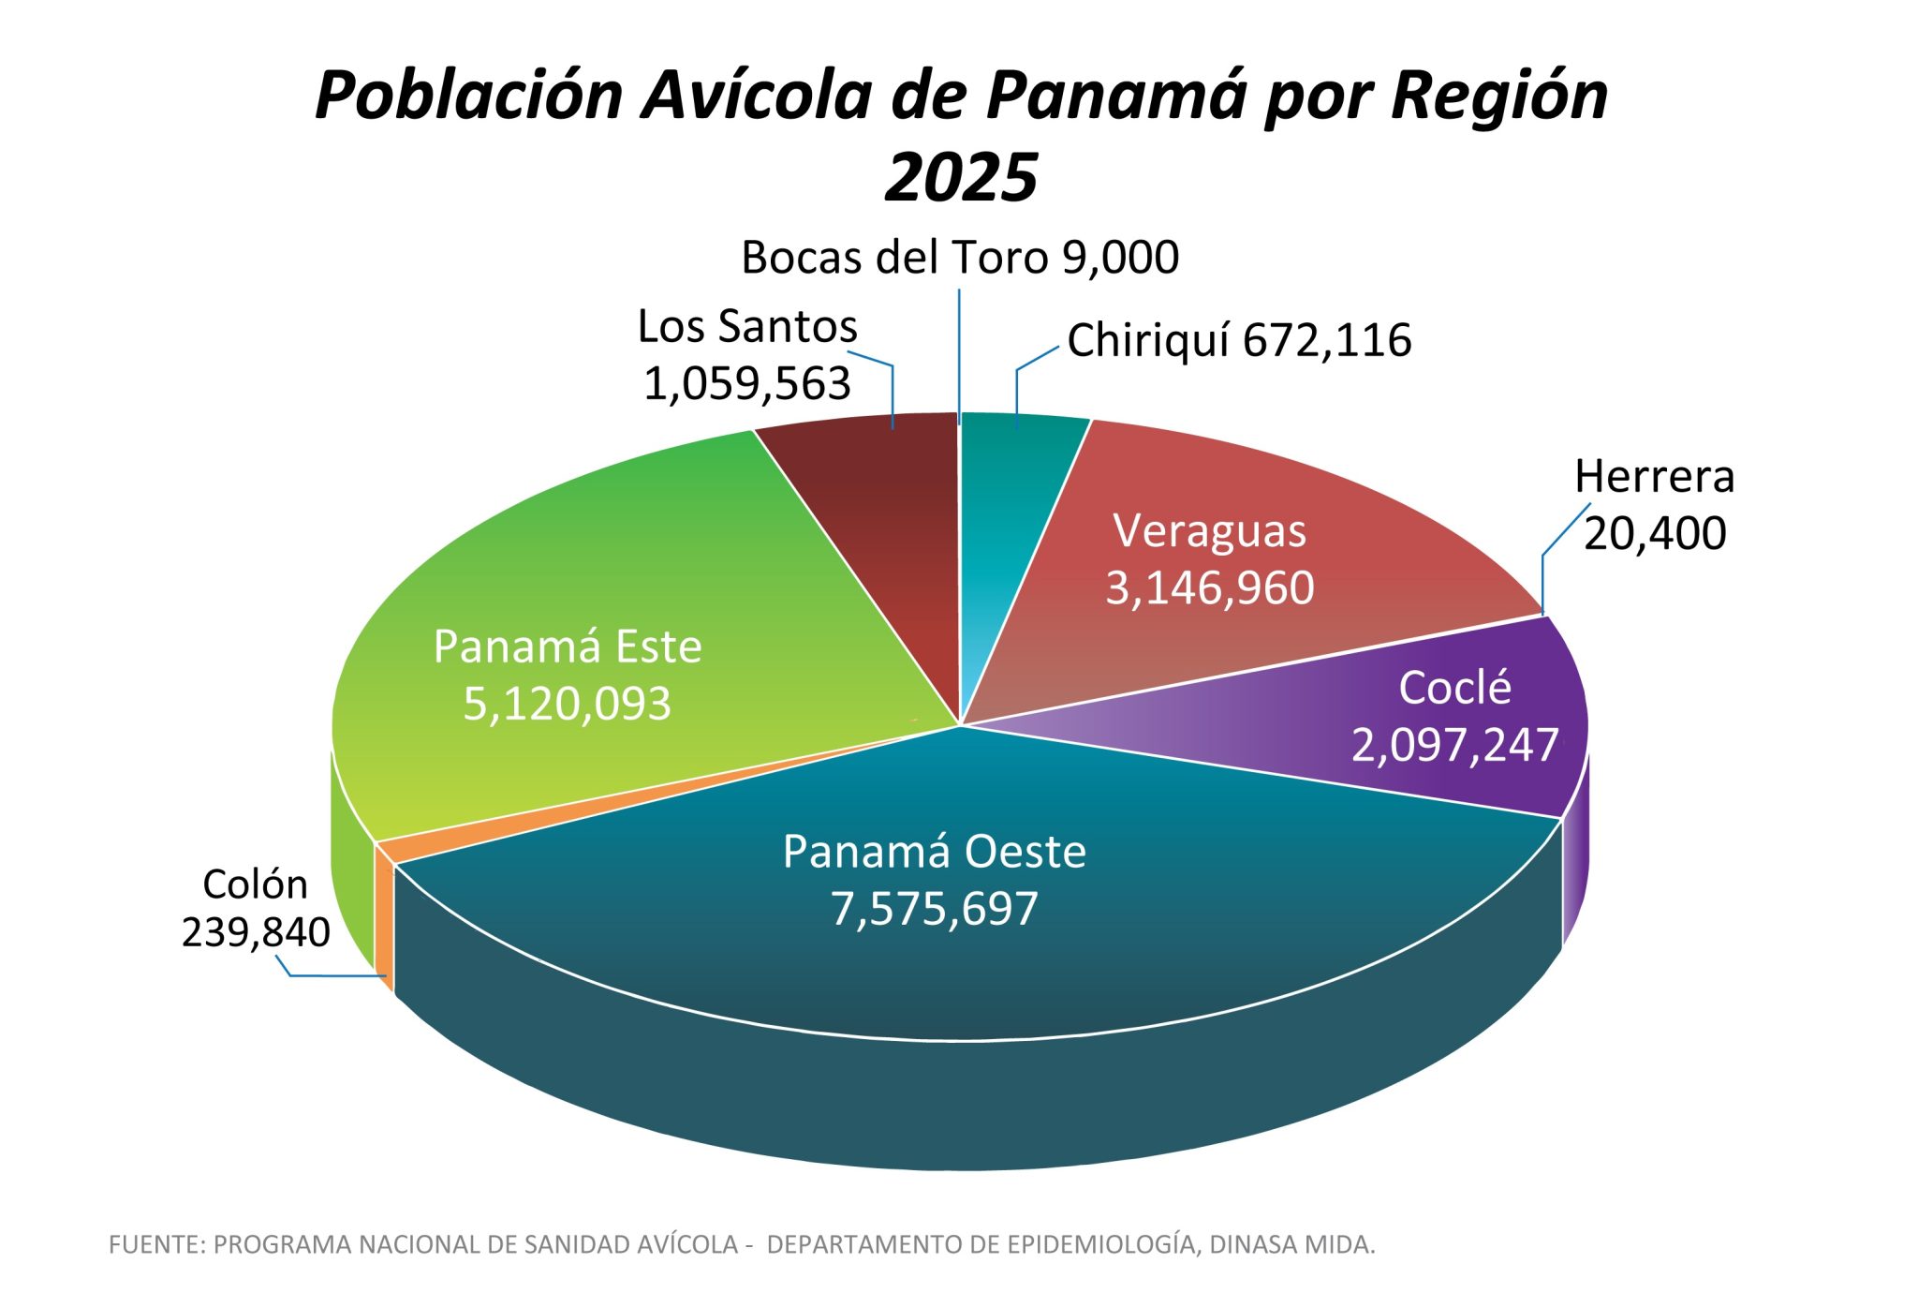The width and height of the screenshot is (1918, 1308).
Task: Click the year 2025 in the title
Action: click(x=961, y=177)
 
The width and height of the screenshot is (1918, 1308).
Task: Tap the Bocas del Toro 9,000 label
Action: click(x=959, y=258)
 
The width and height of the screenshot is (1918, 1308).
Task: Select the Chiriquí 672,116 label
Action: click(x=1238, y=340)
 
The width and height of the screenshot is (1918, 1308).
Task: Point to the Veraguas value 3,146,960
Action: click(x=1209, y=588)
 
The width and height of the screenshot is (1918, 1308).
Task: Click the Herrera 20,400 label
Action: click(x=1654, y=505)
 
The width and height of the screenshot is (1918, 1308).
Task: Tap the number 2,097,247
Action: click(x=1454, y=746)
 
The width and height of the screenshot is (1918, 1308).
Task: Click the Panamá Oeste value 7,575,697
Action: click(x=934, y=909)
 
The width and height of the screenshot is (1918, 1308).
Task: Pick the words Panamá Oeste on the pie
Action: click(x=934, y=852)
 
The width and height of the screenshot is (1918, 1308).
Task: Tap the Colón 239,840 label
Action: click(x=255, y=908)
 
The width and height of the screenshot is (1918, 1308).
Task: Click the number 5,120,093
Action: click(x=567, y=704)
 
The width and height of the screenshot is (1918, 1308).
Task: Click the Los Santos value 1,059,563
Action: click(x=746, y=383)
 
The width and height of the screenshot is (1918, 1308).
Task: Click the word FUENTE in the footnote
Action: click(x=155, y=1245)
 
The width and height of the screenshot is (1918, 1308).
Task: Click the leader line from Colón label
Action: click(x=337, y=975)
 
